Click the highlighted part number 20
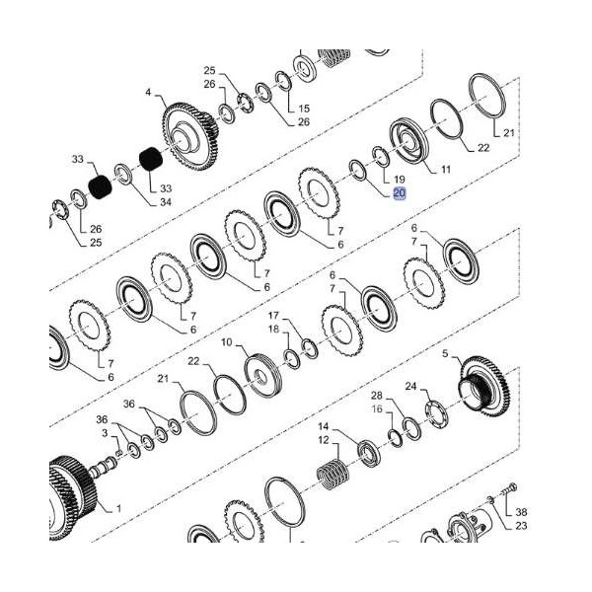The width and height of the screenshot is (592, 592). click(x=399, y=193)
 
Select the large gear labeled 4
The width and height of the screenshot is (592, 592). click(x=190, y=137)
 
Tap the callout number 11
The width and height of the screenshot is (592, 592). click(x=446, y=170)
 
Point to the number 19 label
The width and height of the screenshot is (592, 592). click(x=399, y=180)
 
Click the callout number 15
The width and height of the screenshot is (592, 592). click(x=304, y=109)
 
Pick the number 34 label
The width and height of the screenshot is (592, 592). click(x=166, y=202)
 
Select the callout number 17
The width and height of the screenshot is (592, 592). click(x=273, y=316)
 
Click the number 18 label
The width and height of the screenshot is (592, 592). click(x=273, y=330)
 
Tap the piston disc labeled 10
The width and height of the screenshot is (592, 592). click(x=263, y=375)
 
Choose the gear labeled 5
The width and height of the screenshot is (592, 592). click(x=485, y=386)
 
